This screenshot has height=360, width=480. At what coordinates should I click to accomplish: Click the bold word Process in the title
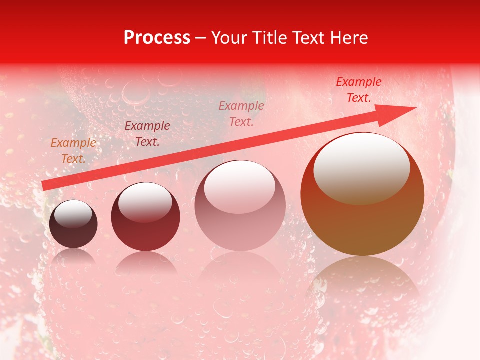coord(157,38)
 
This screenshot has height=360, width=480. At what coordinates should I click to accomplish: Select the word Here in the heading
coord(348,38)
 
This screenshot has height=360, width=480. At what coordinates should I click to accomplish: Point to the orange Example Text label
coord(73,151)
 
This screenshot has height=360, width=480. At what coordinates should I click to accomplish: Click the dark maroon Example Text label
coord(147,134)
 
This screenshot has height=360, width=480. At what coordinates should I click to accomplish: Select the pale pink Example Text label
coord(241,113)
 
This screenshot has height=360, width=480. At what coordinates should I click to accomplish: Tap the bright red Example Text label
coord(359,90)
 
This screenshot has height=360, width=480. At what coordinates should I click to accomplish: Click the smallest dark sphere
coord(73,232)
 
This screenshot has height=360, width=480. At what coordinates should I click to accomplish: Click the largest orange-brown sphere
coord(362,220)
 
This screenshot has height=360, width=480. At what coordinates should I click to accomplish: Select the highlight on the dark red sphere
coord(145,202)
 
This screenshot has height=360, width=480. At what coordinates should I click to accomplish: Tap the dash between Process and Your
coord(201,38)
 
